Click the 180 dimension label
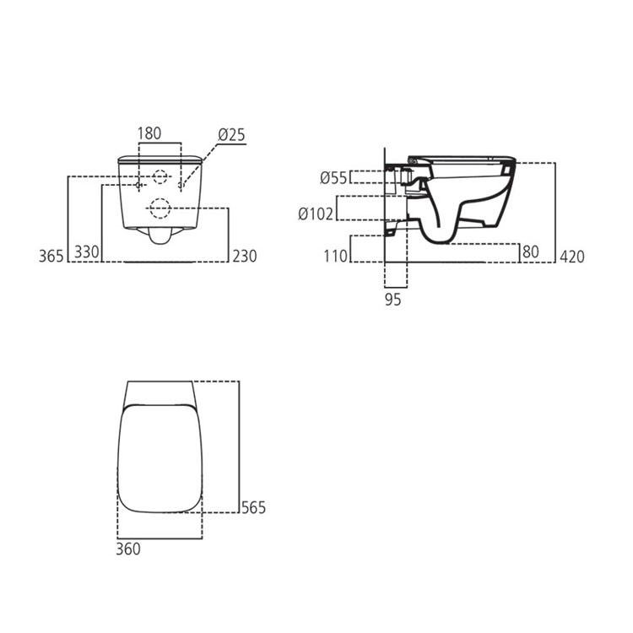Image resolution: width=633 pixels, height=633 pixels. pos(149,133)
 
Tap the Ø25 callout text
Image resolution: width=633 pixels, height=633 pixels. pos(232,135)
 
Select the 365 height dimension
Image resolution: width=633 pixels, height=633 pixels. pos(51,256)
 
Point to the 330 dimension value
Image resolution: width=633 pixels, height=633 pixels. pos(87,252)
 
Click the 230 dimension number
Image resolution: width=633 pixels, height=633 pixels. pos(245,256)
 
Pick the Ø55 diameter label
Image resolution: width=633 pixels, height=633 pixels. pos(333,177)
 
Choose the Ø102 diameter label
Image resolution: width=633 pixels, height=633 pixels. pos(316,214)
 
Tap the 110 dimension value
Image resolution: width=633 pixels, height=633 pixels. pos(335,256)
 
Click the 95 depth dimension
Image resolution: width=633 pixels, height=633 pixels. pos(392,300)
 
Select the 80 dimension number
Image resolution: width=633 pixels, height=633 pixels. pos(531,252)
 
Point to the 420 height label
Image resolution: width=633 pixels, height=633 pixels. pos(572,257)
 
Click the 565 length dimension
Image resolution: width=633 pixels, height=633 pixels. pos(253,507)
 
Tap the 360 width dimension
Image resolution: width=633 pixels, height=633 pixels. pos(128,549)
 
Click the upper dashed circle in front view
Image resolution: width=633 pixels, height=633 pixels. pos(160,176)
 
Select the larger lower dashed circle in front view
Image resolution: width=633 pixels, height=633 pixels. pos(160,208)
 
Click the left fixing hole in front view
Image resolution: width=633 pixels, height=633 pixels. pos(138,186)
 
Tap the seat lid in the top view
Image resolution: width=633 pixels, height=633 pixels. pos(160,458)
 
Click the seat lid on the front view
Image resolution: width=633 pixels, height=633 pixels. pos(160,159)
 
